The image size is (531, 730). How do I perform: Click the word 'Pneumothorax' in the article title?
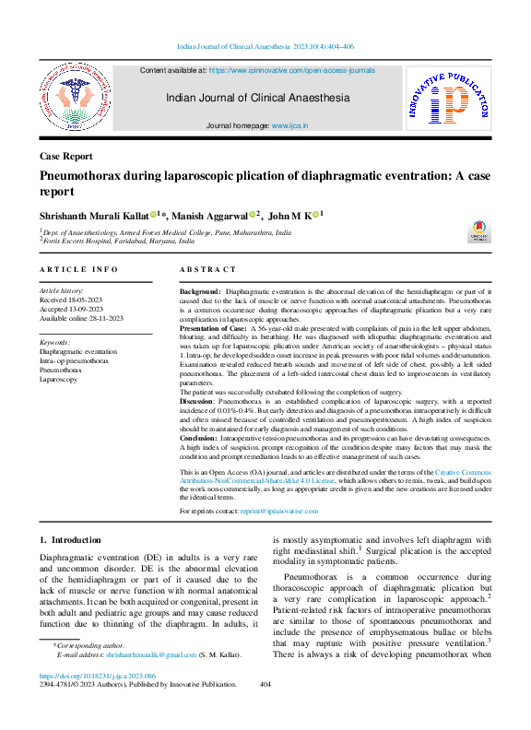click(x=79, y=175)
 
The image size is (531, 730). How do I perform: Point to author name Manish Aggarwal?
click(x=213, y=216)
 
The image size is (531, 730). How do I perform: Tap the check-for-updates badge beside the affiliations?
click(x=480, y=230)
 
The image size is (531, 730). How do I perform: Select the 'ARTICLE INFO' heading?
click(x=78, y=269)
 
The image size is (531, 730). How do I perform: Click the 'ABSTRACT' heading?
click(x=208, y=269)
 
